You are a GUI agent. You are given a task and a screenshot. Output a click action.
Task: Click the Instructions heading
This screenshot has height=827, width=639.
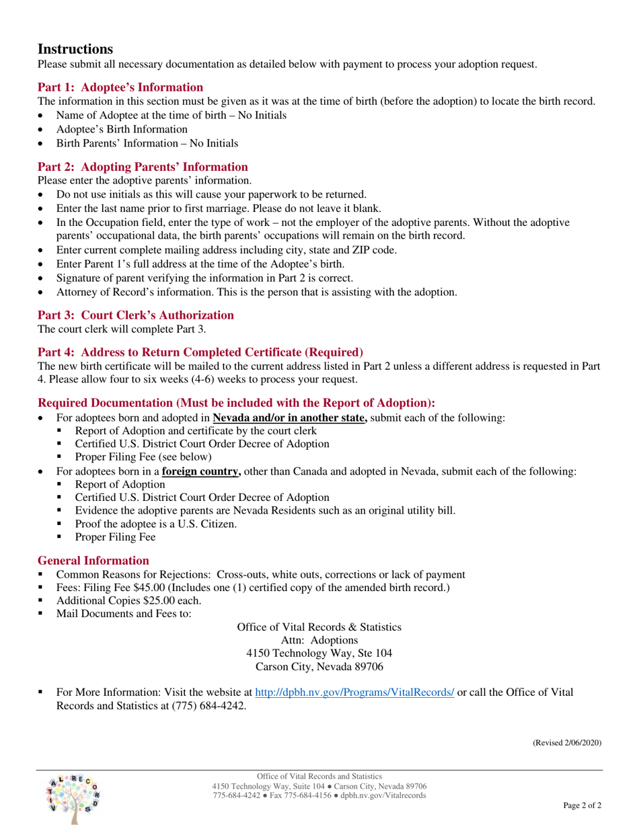coord(75,49)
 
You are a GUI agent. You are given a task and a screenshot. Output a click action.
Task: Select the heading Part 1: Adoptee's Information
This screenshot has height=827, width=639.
coord(120,87)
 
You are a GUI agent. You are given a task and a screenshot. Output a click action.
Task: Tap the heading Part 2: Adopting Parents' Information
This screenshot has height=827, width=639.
coord(143,167)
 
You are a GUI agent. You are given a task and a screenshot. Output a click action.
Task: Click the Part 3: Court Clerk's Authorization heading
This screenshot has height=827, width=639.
coord(136,315)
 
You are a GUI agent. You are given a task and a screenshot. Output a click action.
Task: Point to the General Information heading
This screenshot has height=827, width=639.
coord(93,560)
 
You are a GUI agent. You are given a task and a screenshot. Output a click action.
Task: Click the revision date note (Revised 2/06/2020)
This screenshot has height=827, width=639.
coord(567,742)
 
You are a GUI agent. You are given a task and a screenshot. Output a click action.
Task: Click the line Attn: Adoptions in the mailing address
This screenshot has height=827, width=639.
coord(319,639)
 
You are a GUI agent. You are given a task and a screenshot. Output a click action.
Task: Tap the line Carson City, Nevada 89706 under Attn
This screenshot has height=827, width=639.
coord(319,666)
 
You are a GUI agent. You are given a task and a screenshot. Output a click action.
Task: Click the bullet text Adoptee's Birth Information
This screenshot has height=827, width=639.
coord(122,129)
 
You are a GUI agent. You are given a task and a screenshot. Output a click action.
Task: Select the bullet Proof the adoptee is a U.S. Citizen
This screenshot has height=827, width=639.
coord(155,523)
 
